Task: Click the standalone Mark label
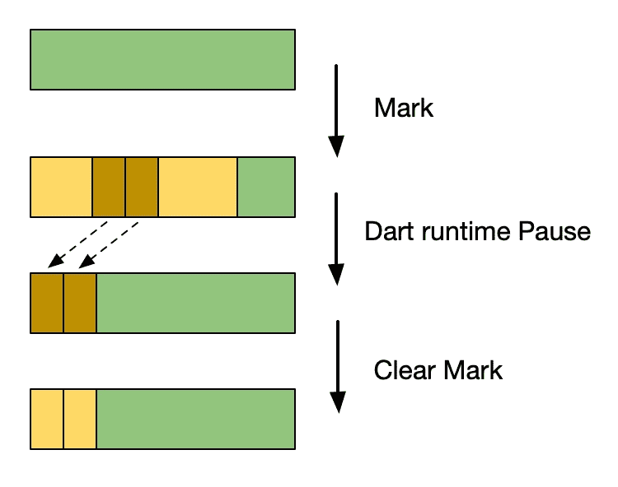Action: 403,108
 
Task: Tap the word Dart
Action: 391,231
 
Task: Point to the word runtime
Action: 464,231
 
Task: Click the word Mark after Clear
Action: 471,369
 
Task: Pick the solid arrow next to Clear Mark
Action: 336,366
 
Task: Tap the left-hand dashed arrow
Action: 78,243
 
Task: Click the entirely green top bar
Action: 162,59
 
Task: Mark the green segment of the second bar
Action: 266,187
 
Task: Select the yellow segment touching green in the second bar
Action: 197,187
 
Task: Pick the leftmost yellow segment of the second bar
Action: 61,187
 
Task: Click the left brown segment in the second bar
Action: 109,187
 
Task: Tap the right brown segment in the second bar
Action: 141,187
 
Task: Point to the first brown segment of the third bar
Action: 47,303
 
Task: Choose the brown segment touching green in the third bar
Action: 80,303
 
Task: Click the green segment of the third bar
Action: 195,303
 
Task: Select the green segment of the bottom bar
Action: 195,419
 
